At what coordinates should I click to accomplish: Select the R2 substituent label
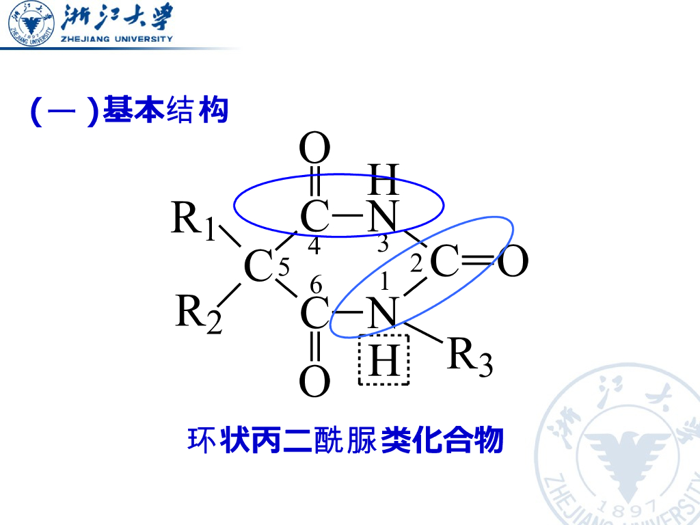point(199,313)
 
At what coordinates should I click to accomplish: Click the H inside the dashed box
point(383,360)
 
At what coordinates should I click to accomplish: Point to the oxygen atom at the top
point(315,148)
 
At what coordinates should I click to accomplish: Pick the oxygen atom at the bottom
point(315,383)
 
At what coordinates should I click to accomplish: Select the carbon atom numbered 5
point(258,267)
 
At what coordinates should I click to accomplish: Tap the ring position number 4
point(314,246)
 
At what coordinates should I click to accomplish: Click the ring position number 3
point(383,243)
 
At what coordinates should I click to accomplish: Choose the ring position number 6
point(315,284)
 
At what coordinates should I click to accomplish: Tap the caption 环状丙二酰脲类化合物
point(345,440)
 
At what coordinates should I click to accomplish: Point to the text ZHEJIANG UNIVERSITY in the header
point(117,39)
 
